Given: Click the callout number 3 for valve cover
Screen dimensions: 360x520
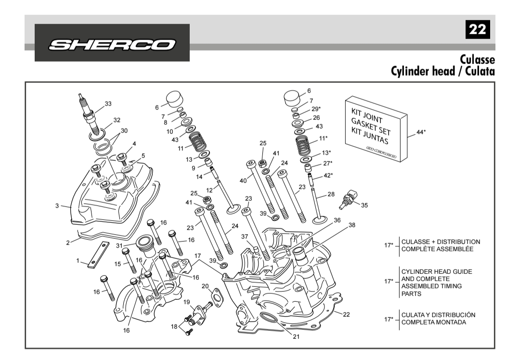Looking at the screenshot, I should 57,206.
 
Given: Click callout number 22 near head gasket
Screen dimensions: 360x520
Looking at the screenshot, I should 346,314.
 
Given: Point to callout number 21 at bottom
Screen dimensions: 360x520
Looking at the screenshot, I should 296,336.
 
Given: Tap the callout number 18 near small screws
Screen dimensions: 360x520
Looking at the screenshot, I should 174,326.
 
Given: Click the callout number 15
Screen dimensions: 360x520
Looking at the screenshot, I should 117,264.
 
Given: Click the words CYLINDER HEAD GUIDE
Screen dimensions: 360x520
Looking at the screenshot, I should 436,272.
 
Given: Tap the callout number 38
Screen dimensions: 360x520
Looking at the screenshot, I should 352,225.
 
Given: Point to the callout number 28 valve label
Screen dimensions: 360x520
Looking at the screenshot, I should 331,194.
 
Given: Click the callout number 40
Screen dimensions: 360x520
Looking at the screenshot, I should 243,180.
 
